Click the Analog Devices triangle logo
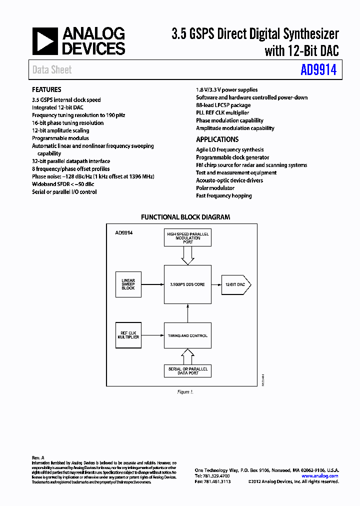pyautogui.click(x=45, y=41)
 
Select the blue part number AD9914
pyautogui.click(x=318, y=70)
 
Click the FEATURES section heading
pyautogui.click(x=46, y=89)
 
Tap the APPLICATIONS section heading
pyautogui.click(x=217, y=139)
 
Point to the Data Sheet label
pyautogui.click(x=52, y=70)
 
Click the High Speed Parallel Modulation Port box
pyautogui.click(x=187, y=238)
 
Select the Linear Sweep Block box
pyautogui.click(x=128, y=284)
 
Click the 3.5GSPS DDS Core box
pyautogui.click(x=187, y=284)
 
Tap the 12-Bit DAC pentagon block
pyautogui.click(x=235, y=284)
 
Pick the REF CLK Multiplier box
pyautogui.click(x=128, y=335)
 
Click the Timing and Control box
pyautogui.click(x=187, y=335)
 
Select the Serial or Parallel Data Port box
pyautogui.click(x=187, y=371)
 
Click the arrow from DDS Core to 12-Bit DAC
pyautogui.click(x=216, y=284)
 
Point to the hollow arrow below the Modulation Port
pyautogui.click(x=187, y=255)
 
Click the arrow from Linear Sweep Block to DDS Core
pyautogui.click(x=153, y=284)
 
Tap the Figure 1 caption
pyautogui.click(x=185, y=392)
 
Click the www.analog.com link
pyautogui.click(x=320, y=476)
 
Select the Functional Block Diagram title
pyautogui.click(x=185, y=217)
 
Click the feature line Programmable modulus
pyautogui.click(x=60, y=138)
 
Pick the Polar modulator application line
pyautogui.click(x=215, y=188)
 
